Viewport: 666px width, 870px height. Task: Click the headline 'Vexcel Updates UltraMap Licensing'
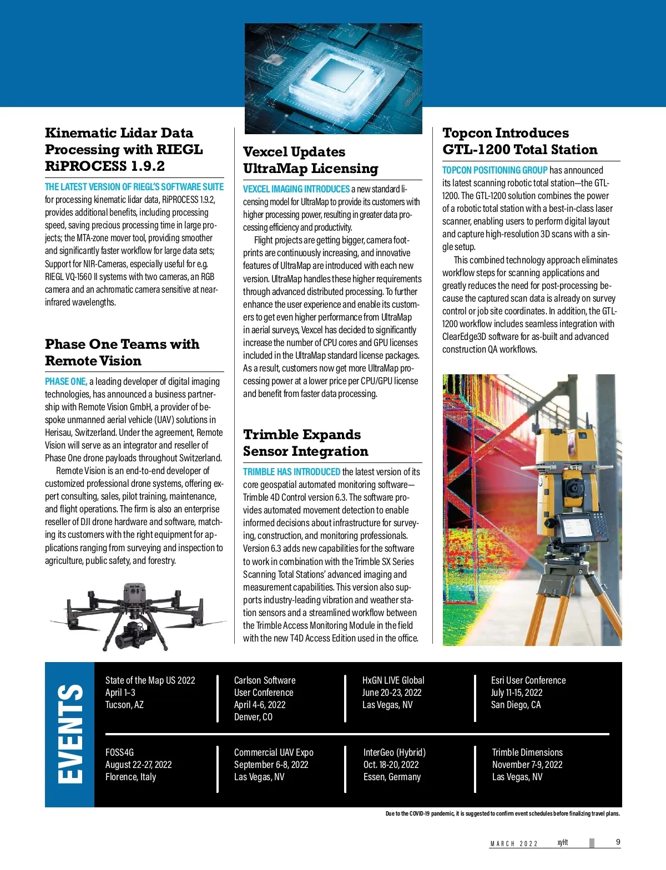click(310, 160)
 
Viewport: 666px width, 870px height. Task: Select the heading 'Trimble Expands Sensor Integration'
click(305, 443)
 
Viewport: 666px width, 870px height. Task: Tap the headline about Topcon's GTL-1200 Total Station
click(519, 141)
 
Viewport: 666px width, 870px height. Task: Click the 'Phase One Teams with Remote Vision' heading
click(122, 353)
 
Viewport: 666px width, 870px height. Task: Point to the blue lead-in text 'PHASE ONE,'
click(66, 381)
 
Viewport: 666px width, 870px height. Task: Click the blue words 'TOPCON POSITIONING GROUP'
click(495, 170)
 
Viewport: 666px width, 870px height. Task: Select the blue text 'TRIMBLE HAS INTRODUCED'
click(291, 472)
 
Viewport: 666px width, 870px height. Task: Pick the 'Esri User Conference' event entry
click(528, 680)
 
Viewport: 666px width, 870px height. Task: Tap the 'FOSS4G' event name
click(119, 752)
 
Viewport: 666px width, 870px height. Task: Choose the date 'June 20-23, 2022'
click(391, 693)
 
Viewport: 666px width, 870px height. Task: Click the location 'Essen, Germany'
click(392, 777)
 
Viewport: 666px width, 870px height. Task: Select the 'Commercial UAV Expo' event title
click(274, 752)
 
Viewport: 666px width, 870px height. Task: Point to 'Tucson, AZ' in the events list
click(124, 705)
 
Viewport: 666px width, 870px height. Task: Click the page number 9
click(618, 842)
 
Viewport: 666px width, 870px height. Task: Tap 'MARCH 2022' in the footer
click(514, 844)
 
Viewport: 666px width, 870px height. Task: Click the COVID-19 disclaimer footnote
click(502, 814)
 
